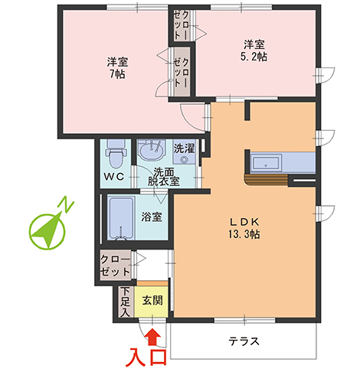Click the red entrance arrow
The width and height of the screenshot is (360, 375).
[x=152, y=334]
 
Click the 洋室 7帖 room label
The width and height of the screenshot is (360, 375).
[x=117, y=68]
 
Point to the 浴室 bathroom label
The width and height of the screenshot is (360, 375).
[x=152, y=217]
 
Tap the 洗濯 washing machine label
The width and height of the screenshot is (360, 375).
[x=184, y=148]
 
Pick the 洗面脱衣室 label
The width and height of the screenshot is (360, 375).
[x=163, y=177]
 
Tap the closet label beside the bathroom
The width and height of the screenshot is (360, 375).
[x=115, y=266]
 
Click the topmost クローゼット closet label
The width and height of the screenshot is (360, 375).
[x=182, y=26]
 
